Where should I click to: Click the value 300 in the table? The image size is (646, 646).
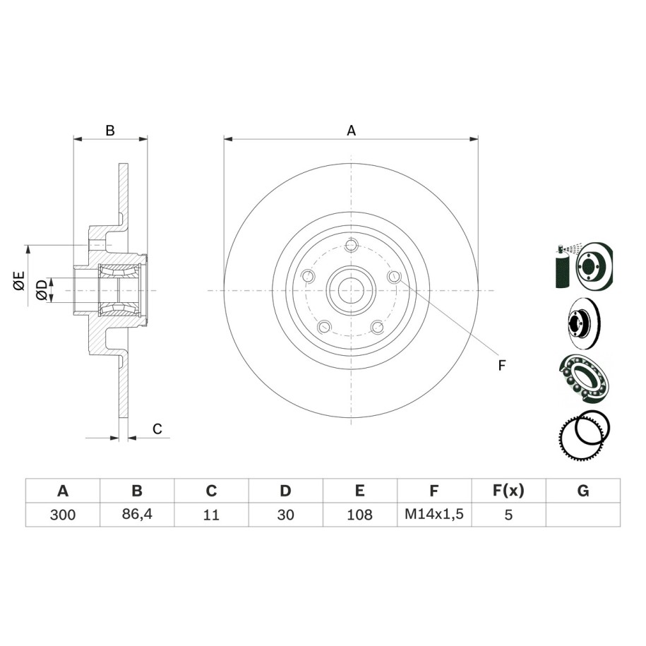pyautogui.click(x=63, y=515)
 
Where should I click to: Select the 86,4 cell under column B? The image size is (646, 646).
pyautogui.click(x=137, y=514)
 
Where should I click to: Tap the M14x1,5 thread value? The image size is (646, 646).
pyautogui.click(x=434, y=514)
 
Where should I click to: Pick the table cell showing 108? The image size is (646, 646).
pyautogui.click(x=359, y=515)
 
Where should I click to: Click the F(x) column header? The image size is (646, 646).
pyautogui.click(x=508, y=491)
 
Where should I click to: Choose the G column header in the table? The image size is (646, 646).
pyautogui.click(x=583, y=491)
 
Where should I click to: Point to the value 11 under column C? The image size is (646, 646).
pyautogui.click(x=211, y=515)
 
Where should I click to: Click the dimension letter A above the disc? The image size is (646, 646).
pyautogui.click(x=351, y=131)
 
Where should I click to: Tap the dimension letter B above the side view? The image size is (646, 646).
pyautogui.click(x=110, y=131)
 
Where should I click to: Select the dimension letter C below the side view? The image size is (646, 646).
pyautogui.click(x=157, y=429)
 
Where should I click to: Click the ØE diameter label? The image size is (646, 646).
pyautogui.click(x=19, y=280)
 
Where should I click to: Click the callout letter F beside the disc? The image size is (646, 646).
pyautogui.click(x=501, y=366)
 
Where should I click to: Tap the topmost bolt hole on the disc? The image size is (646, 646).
pyautogui.click(x=351, y=246)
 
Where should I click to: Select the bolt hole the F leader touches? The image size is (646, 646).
pyautogui.click(x=394, y=277)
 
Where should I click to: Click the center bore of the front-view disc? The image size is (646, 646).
pyautogui.click(x=351, y=290)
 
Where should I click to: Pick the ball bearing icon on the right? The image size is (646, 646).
pyautogui.click(x=583, y=378)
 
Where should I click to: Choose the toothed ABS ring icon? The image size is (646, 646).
pyautogui.click(x=584, y=436)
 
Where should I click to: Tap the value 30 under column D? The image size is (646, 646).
pyautogui.click(x=285, y=515)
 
